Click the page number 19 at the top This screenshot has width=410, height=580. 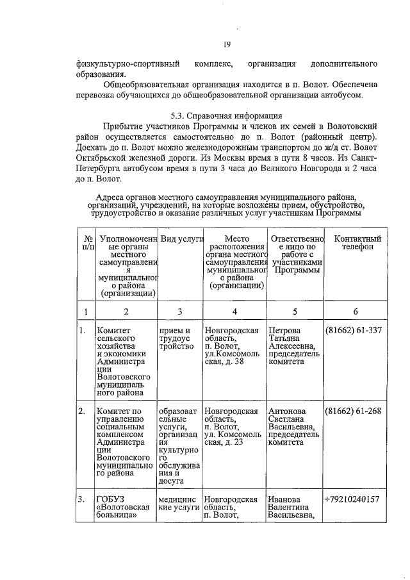[x=226, y=44]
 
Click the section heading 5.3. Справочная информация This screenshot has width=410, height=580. [x=227, y=116]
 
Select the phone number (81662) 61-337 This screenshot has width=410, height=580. [x=354, y=331]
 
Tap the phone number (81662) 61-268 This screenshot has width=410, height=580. [x=354, y=411]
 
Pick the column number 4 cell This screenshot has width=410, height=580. [x=235, y=311]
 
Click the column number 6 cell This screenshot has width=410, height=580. [x=355, y=311]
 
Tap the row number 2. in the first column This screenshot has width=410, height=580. [x=83, y=411]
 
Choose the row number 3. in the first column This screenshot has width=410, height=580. [x=83, y=499]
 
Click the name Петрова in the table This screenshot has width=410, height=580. [x=286, y=331]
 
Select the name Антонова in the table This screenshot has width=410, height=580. [x=288, y=411]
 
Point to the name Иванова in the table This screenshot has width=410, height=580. [x=287, y=499]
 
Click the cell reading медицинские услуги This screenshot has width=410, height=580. [x=179, y=504]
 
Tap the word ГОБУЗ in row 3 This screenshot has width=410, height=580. [x=110, y=499]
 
